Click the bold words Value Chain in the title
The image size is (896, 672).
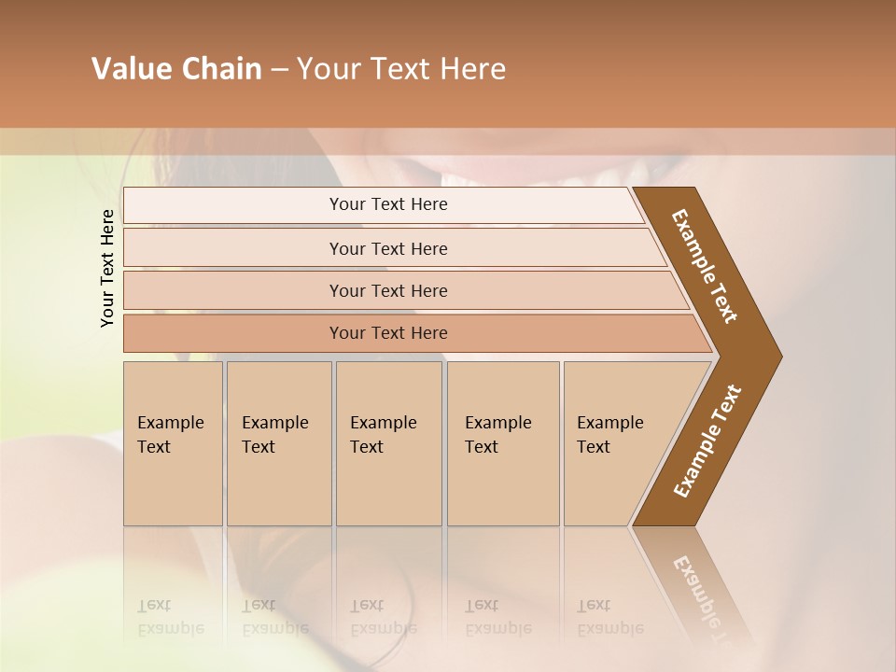pyautogui.click(x=176, y=69)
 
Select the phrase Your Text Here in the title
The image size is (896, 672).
pyautogui.click(x=401, y=69)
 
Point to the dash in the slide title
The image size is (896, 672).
pyautogui.click(x=279, y=70)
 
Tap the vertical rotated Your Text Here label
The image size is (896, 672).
pyautogui.click(x=107, y=268)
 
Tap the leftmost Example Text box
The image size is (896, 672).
pyautogui.click(x=173, y=443)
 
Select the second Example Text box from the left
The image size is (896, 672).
pyautogui.click(x=279, y=443)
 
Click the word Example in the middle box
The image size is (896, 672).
pyautogui.click(x=383, y=423)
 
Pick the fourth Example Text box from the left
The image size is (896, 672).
pyautogui.click(x=503, y=443)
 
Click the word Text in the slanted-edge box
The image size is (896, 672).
pyautogui.click(x=594, y=447)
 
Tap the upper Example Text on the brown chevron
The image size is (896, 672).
pyautogui.click(x=705, y=265)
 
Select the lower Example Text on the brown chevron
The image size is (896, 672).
pyautogui.click(x=707, y=441)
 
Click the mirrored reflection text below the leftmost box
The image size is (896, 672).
pyautogui.click(x=170, y=617)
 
